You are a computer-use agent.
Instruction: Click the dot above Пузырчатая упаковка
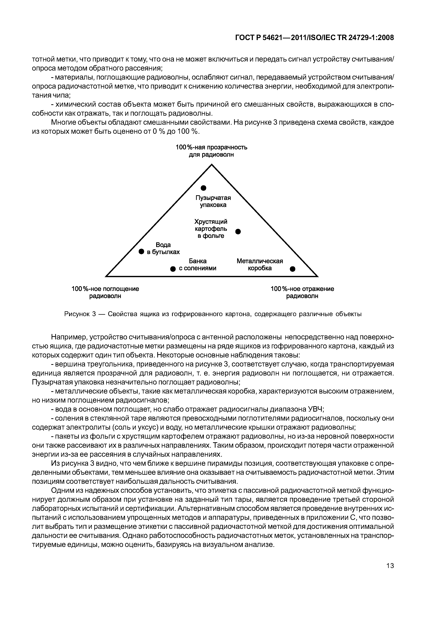pyautogui.click(x=204, y=188)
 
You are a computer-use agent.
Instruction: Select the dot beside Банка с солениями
pyautogui.click(x=173, y=269)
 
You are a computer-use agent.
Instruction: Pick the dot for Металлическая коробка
pyautogui.click(x=293, y=269)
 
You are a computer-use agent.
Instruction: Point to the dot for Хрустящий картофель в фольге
pyautogui.click(x=238, y=231)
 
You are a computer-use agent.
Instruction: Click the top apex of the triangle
pyautogui.click(x=212, y=165)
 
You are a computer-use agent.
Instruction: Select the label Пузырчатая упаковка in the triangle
pyautogui.click(x=213, y=201)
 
